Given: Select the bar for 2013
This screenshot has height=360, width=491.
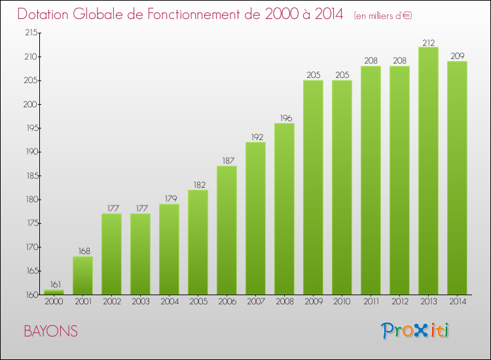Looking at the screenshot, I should [428, 170].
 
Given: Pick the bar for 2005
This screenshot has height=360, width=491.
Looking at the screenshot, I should [198, 242].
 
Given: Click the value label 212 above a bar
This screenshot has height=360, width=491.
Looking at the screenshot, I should [428, 43].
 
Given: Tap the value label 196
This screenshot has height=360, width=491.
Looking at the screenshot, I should [284, 118].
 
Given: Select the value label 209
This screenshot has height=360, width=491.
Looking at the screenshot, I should [457, 56].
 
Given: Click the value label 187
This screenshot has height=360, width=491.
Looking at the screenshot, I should [227, 161].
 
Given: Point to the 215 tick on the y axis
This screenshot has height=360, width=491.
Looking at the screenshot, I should [30, 33].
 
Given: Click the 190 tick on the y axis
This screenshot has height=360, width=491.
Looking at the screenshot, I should [30, 152].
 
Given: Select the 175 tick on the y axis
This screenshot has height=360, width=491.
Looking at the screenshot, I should [30, 223].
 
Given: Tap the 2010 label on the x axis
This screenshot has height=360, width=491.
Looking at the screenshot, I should [342, 302].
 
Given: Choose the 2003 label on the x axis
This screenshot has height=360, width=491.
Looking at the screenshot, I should [140, 302].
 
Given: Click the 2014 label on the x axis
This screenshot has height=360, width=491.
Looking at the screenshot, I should [457, 302].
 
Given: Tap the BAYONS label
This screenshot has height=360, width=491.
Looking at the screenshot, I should [50, 332].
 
